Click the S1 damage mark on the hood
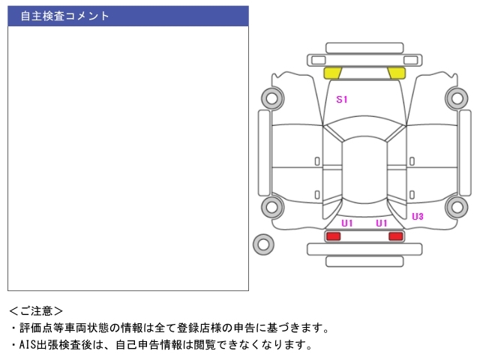point(342,99)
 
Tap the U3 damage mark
point(418,217)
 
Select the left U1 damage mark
point(347,223)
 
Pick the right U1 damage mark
point(382,223)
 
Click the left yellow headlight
point(331,73)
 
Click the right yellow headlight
point(397,73)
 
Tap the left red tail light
point(333,236)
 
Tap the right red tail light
point(396,236)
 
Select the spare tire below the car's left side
point(263,244)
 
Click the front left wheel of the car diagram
point(272,98)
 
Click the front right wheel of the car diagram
point(457,98)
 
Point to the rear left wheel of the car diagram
point(272,207)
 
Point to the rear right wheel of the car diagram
point(457,207)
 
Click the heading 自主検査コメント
point(64,16)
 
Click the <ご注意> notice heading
point(36,311)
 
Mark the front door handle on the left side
point(317,161)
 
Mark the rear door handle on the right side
point(412,195)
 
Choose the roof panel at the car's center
point(364,170)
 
